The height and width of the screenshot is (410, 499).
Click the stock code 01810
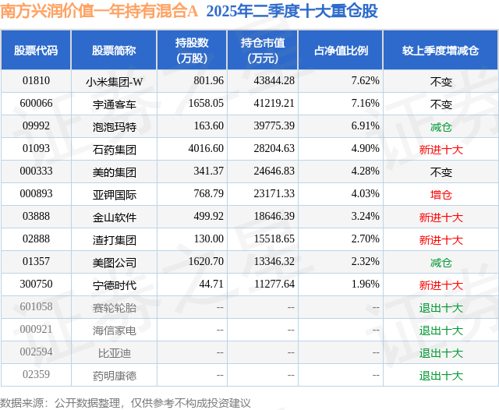(37, 80)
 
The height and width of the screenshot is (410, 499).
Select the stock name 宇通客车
(114, 103)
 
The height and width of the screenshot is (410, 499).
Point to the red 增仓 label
(441, 194)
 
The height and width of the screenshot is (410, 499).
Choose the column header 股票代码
(36, 51)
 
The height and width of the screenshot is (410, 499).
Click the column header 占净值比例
(341, 51)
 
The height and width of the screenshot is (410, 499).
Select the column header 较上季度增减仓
(441, 51)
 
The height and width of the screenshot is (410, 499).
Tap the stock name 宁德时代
(114, 285)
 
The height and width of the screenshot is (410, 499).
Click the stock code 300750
(37, 285)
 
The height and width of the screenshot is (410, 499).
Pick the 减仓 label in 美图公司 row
(441, 263)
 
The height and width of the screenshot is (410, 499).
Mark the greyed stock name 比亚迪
(114, 353)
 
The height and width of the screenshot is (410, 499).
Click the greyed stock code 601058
(37, 307)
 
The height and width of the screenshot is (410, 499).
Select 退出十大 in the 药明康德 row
(441, 376)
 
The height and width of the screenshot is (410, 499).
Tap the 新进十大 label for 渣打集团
(441, 240)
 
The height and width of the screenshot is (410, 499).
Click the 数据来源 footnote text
(126, 402)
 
